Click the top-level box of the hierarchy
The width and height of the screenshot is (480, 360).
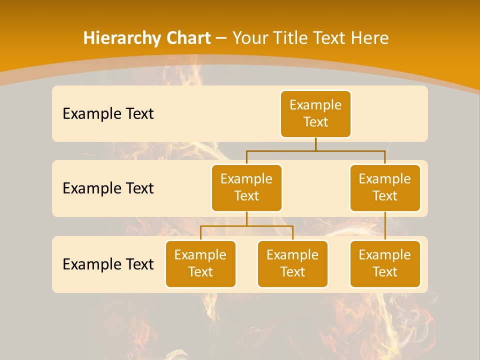[x=315, y=113]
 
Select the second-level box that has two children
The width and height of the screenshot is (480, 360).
[x=246, y=187]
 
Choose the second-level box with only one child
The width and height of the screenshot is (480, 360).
[x=385, y=187]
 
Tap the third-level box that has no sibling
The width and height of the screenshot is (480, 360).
[x=385, y=263]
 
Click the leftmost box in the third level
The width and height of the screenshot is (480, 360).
[x=200, y=263]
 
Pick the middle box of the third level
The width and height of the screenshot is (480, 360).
[x=292, y=263]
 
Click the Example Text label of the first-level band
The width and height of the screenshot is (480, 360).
[x=108, y=113]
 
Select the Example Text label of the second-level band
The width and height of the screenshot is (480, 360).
[x=108, y=188]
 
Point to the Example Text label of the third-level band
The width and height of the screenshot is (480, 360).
[x=108, y=264]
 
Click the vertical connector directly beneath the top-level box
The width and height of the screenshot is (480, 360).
[x=315, y=144]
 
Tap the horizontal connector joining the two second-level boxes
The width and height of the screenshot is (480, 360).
[x=315, y=150]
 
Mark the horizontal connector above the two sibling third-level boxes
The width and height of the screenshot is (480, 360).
[x=246, y=226]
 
